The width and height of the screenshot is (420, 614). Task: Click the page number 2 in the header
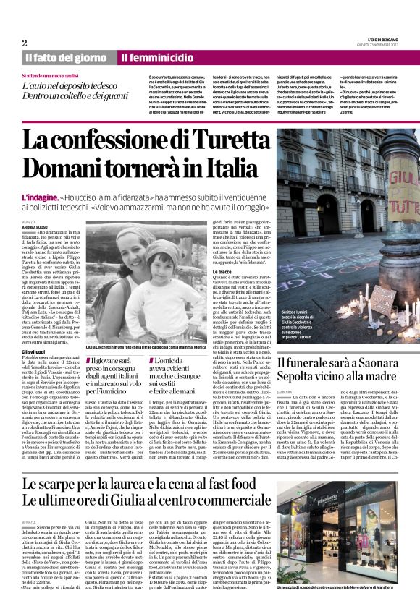(x=24, y=43)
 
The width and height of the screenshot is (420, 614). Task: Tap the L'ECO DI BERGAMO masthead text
(x=379, y=40)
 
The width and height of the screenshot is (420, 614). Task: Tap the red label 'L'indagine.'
(x=41, y=196)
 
